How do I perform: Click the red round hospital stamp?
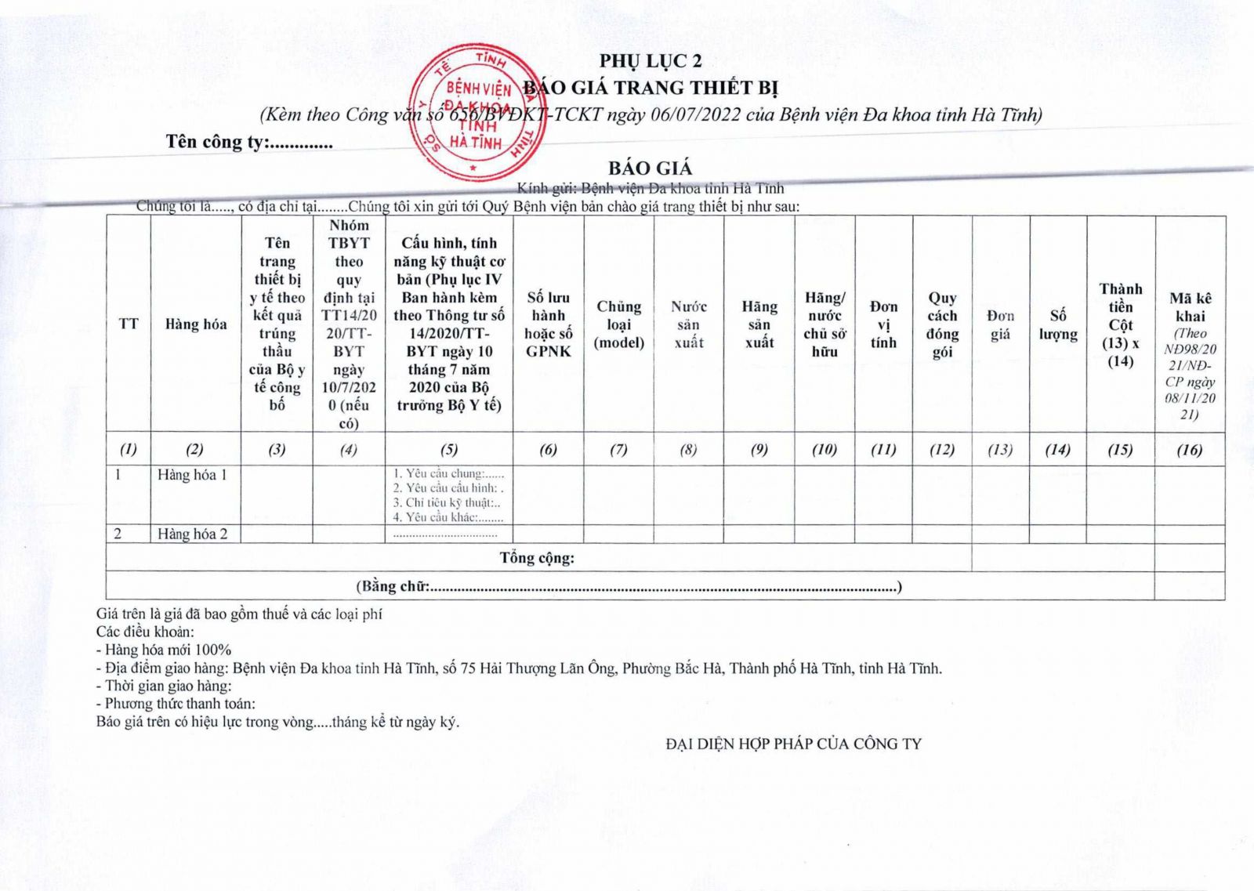click(x=477, y=110)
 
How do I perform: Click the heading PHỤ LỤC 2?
click(x=651, y=61)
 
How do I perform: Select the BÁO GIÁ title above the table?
click(x=651, y=168)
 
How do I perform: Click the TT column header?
click(x=129, y=324)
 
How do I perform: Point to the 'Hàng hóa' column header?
click(x=196, y=324)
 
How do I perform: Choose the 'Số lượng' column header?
click(x=1058, y=324)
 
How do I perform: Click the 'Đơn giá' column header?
click(x=1000, y=324)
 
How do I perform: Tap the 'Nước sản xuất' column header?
click(x=689, y=324)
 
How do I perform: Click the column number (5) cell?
click(x=449, y=449)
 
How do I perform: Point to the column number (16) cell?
click(x=1190, y=449)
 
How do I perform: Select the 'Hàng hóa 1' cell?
click(x=192, y=475)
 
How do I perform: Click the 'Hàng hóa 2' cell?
click(x=192, y=534)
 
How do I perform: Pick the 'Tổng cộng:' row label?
click(x=537, y=558)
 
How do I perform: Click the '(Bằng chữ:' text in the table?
click(x=393, y=586)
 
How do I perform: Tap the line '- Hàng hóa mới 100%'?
click(x=164, y=650)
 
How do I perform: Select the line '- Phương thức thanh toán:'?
click(x=176, y=704)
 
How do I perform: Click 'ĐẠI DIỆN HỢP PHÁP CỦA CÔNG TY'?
click(x=793, y=744)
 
